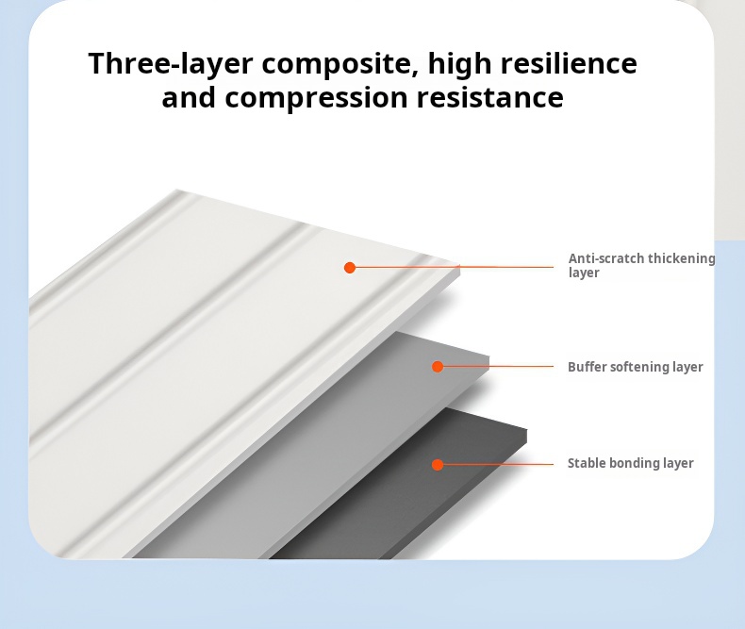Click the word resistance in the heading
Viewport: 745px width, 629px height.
point(489,97)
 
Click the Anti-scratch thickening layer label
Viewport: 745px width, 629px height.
point(641,265)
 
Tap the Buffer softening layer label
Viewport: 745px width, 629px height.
point(636,367)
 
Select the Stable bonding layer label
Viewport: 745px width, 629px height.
point(631,463)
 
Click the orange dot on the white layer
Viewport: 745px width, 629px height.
point(350,268)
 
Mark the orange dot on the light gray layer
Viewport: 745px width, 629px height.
point(438,366)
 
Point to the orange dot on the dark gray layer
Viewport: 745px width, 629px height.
point(438,465)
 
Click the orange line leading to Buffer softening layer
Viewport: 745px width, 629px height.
point(495,366)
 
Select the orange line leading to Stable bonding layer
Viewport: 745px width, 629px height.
point(495,464)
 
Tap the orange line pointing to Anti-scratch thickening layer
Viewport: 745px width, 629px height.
point(452,267)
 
